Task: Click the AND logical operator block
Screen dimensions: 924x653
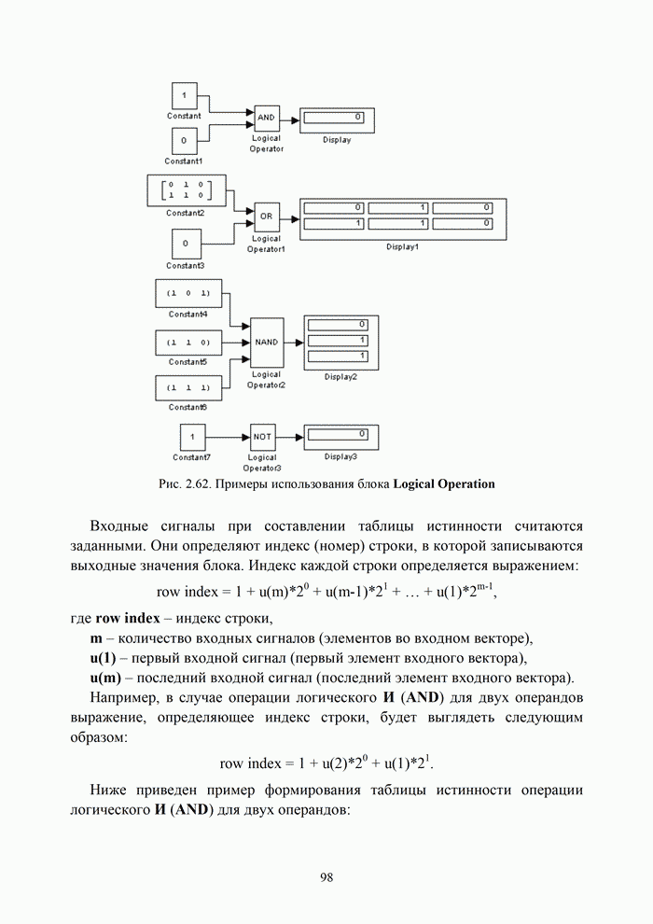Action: pos(266,119)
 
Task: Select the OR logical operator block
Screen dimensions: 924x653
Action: pos(266,217)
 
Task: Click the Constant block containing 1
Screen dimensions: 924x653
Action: pos(184,96)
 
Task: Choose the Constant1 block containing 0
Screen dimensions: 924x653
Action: pos(184,141)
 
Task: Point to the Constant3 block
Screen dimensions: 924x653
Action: pos(187,245)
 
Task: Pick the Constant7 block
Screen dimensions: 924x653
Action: pos(192,436)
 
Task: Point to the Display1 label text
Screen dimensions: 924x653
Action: pos(403,247)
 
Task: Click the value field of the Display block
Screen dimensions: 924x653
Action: pos(336,118)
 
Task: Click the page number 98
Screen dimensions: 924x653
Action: pos(326,876)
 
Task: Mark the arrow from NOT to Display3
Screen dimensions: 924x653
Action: pos(290,436)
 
